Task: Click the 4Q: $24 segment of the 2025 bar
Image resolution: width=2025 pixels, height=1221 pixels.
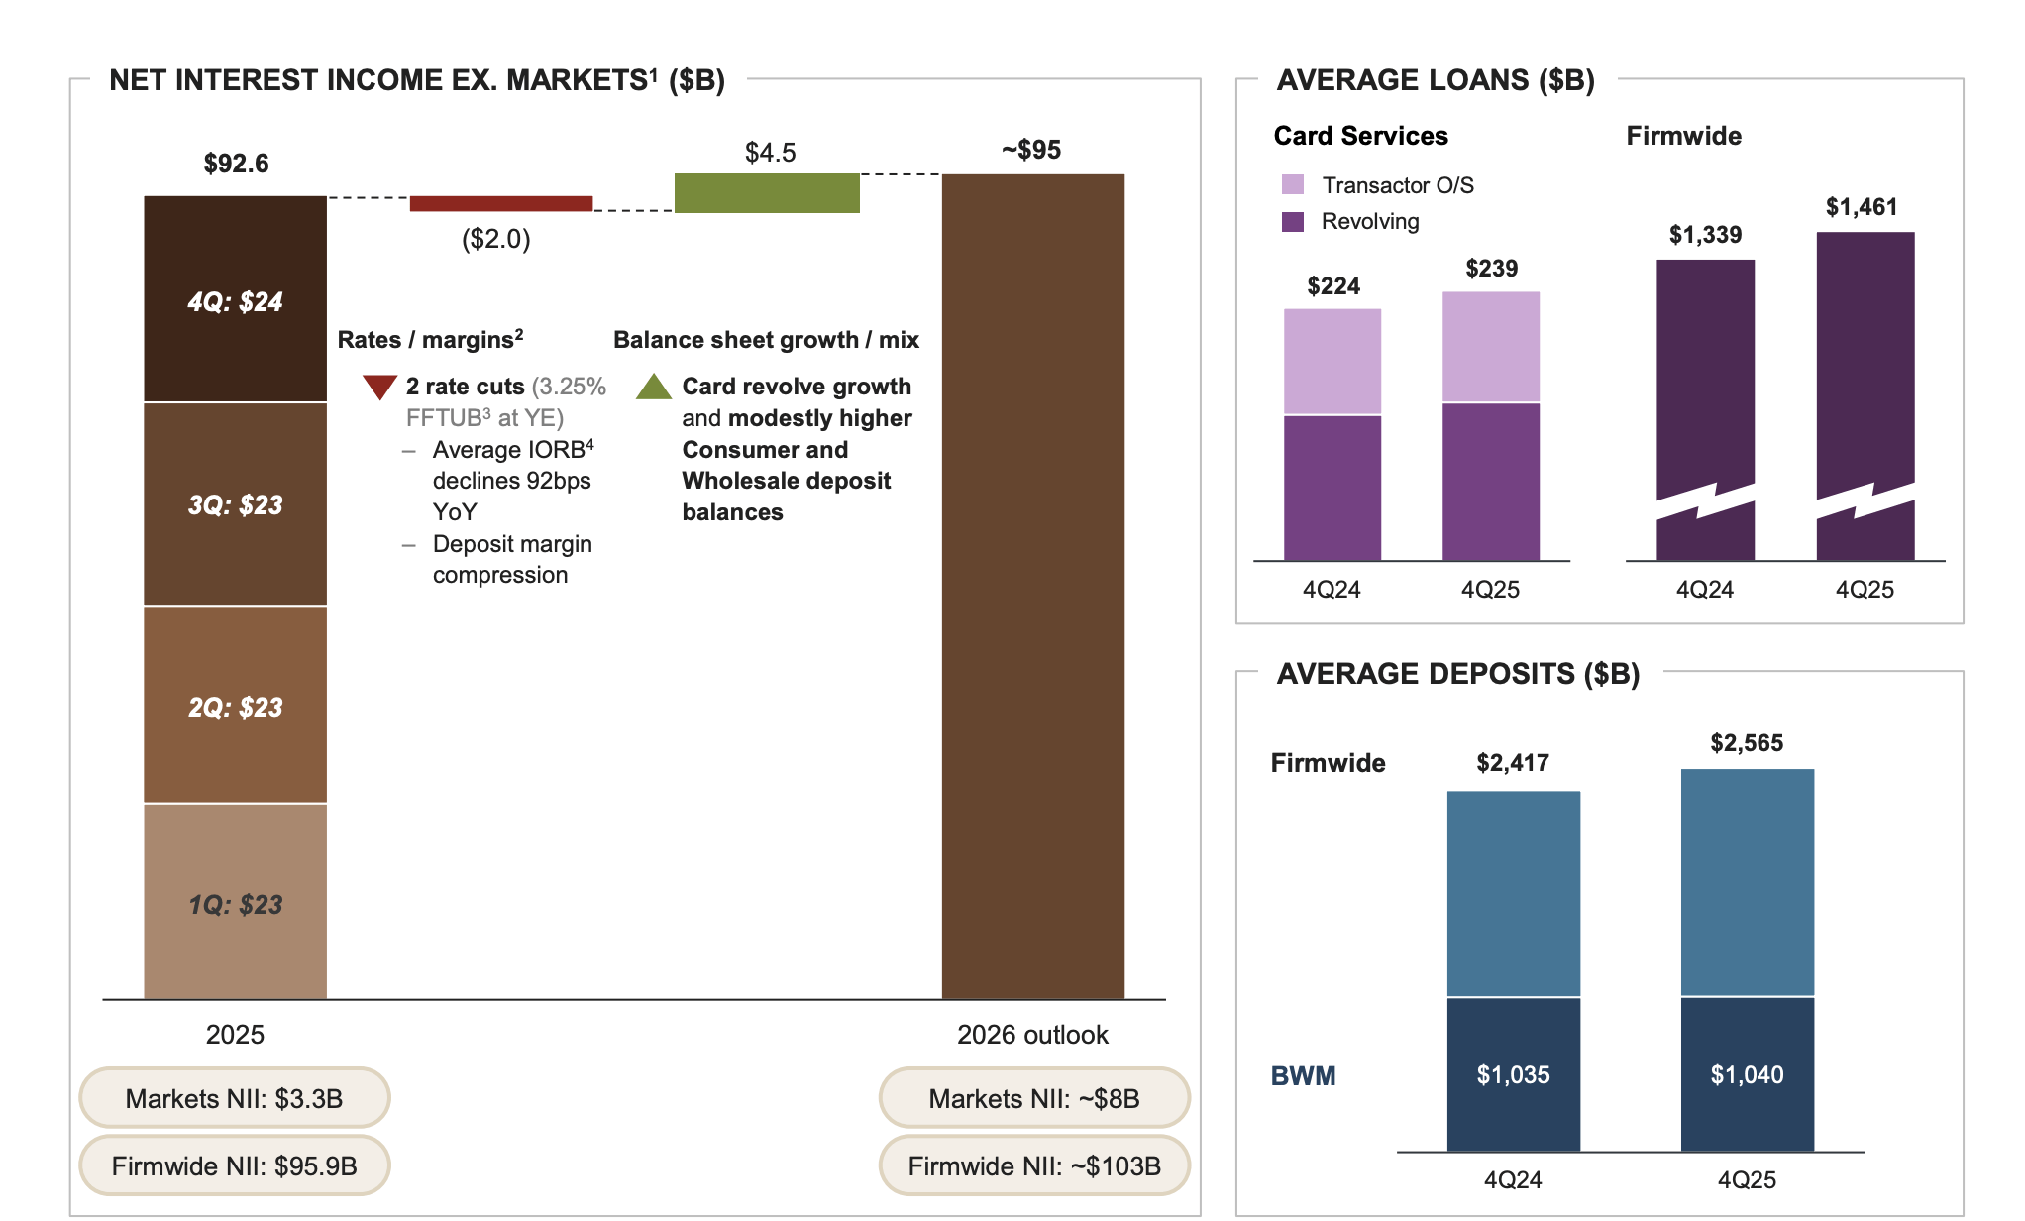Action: pyautogui.click(x=235, y=300)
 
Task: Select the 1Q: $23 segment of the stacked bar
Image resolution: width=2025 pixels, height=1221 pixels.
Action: pyautogui.click(x=235, y=903)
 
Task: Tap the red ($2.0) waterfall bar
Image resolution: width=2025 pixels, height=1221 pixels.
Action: pyautogui.click(x=500, y=203)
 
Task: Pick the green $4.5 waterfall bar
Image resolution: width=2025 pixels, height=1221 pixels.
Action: pyautogui.click(x=767, y=193)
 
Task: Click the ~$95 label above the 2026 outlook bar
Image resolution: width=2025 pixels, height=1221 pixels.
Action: pyautogui.click(x=1031, y=150)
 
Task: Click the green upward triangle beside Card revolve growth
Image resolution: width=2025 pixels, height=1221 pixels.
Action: pyautogui.click(x=654, y=387)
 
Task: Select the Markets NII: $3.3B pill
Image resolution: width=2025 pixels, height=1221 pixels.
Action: pyautogui.click(x=234, y=1098)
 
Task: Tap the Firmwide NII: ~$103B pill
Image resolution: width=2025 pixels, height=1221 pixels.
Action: pyautogui.click(x=1033, y=1165)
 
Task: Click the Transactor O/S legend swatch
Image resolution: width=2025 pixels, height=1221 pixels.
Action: pyautogui.click(x=1292, y=185)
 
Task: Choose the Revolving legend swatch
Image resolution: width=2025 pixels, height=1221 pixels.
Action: pyautogui.click(x=1292, y=221)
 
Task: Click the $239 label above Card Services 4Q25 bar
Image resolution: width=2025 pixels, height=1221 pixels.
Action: pyautogui.click(x=1491, y=269)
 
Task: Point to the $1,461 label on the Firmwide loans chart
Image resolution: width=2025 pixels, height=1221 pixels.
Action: pyautogui.click(x=1862, y=207)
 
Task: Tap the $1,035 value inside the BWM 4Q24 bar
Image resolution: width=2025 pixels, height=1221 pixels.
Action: pyautogui.click(x=1513, y=1074)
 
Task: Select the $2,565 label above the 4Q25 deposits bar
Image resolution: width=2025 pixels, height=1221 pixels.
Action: pyautogui.click(x=1747, y=743)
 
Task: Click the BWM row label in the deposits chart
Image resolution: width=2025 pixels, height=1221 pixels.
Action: pyautogui.click(x=1303, y=1075)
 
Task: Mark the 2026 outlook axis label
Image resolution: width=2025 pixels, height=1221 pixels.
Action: pyautogui.click(x=1031, y=1035)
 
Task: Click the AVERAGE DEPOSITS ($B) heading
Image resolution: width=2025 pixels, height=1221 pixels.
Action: pyautogui.click(x=1457, y=674)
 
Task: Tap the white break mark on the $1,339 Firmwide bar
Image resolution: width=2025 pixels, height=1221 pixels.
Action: pyautogui.click(x=1705, y=501)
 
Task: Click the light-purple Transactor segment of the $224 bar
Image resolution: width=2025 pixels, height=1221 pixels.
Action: pyautogui.click(x=1332, y=362)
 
